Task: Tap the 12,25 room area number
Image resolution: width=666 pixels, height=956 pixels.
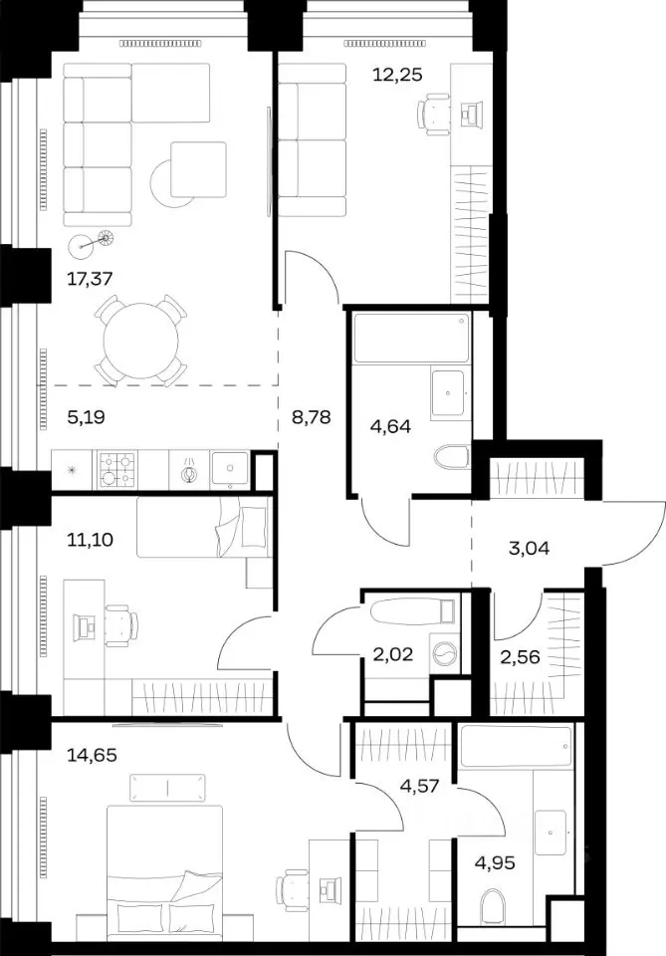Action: [x=397, y=75]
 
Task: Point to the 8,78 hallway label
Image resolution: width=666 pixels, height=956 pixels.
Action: [x=311, y=417]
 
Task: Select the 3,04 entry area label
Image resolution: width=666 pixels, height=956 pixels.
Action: [x=529, y=549]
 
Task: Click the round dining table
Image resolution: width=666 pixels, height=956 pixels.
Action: [x=140, y=342]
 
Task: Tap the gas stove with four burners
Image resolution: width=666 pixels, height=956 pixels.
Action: [x=116, y=470]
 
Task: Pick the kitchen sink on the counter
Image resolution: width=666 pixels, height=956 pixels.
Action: [x=230, y=470]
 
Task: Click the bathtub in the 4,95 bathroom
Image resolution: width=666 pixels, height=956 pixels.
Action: [x=517, y=746]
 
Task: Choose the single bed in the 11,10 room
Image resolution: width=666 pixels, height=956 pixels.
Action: [x=203, y=527]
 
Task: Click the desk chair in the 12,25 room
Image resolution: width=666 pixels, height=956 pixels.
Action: [x=435, y=114]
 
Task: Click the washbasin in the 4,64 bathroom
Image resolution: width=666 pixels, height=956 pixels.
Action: [x=449, y=392]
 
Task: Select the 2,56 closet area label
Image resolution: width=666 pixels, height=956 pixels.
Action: [x=520, y=657]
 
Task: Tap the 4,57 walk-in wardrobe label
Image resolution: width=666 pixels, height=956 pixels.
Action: [x=419, y=786]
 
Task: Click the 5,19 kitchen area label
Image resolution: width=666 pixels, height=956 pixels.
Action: [x=86, y=417]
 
